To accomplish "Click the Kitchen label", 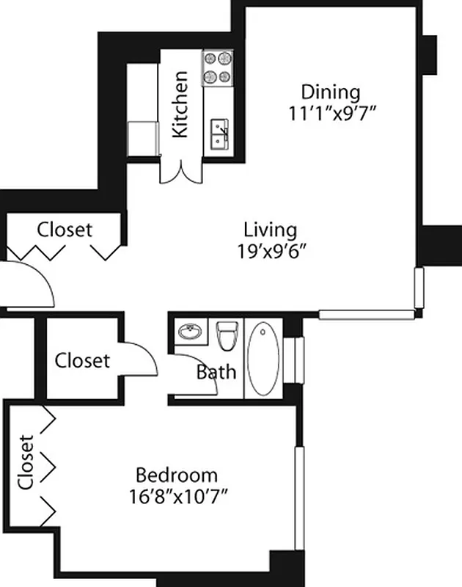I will pyautogui.click(x=180, y=104).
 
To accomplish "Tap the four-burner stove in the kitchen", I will pyautogui.click(x=218, y=67).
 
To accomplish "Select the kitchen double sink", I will pyautogui.click(x=219, y=134).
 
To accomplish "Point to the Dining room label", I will pyautogui.click(x=331, y=92).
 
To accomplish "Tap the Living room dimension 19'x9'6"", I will pyautogui.click(x=271, y=251).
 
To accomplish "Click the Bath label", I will pyautogui.click(x=216, y=372).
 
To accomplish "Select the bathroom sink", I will pyautogui.click(x=192, y=332).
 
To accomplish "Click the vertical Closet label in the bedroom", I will pyautogui.click(x=26, y=462).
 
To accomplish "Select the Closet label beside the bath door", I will pyautogui.click(x=82, y=361).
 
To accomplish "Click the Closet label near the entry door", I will pyautogui.click(x=65, y=230).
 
